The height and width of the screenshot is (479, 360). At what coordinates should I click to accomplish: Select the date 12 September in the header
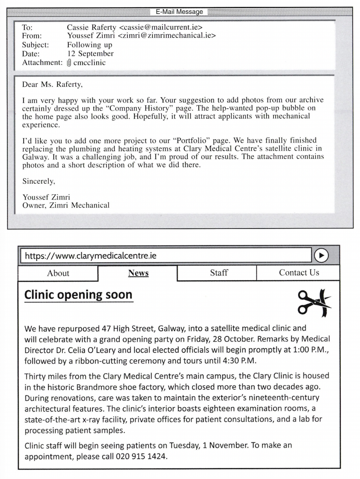(90, 54)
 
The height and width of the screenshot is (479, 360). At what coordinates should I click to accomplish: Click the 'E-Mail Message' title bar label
(180, 12)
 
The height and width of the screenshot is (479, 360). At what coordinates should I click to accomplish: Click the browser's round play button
(322, 255)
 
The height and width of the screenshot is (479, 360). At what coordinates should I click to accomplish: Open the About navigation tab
(58, 273)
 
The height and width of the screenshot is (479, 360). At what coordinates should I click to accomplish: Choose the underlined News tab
(138, 273)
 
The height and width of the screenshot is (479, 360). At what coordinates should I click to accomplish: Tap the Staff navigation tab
(219, 273)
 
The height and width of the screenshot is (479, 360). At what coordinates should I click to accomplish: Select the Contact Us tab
(299, 273)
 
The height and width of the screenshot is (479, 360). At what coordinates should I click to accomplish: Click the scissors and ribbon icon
(314, 303)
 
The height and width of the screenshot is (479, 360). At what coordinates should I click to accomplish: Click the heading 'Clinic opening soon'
(79, 295)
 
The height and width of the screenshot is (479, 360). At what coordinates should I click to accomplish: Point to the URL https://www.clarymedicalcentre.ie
(91, 256)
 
